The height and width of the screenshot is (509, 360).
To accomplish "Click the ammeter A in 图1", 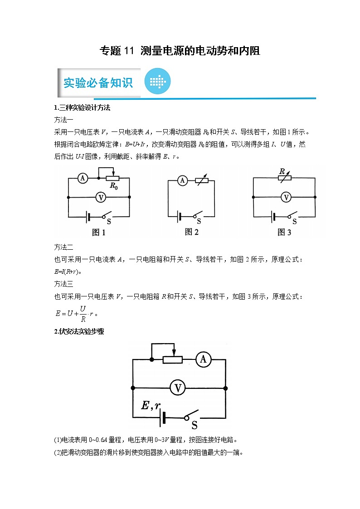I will click(83, 178).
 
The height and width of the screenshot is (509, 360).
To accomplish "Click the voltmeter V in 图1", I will click(102, 197).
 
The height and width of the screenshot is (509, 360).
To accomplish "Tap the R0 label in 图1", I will click(113, 186).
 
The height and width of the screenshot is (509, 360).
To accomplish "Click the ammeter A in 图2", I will click(182, 180).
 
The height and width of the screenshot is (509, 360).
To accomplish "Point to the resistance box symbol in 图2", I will click(202, 180).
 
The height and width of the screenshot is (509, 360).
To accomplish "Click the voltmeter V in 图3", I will click(286, 197).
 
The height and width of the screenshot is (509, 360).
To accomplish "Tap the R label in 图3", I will click(282, 172).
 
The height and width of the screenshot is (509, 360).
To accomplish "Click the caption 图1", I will click(99, 233).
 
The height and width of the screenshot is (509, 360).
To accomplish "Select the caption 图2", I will click(192, 232).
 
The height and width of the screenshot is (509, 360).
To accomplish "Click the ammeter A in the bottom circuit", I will click(203, 359).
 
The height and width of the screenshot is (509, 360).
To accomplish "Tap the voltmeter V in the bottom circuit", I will click(178, 388).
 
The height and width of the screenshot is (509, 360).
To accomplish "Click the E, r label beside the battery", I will click(151, 406).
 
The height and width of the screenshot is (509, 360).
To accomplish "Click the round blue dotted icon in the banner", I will click(157, 82).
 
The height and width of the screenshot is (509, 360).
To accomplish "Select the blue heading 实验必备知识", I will click(98, 83).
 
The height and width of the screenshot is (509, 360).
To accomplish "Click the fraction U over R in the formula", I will click(83, 313).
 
